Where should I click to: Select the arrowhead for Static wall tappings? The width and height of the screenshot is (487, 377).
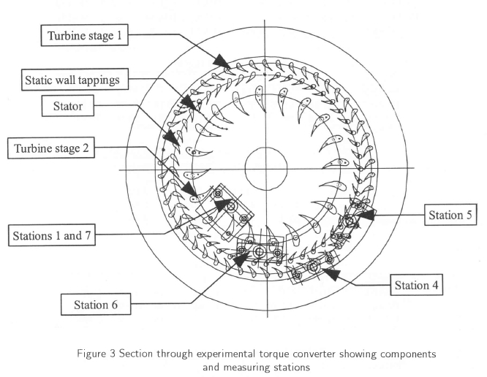coord(189,102)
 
